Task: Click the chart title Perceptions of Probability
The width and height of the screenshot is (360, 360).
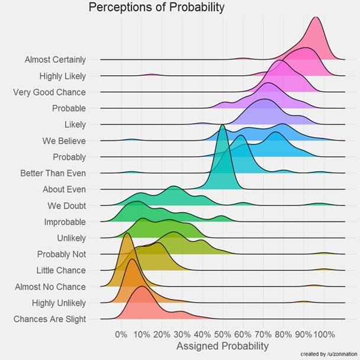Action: (x=156, y=8)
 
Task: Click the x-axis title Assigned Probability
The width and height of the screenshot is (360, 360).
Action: (x=223, y=346)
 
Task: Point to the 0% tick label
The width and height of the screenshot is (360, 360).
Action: (x=121, y=334)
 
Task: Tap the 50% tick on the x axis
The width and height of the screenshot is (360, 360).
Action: (x=223, y=334)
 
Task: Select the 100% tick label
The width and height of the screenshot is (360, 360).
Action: (x=324, y=334)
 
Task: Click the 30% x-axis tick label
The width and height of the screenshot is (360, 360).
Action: (x=182, y=334)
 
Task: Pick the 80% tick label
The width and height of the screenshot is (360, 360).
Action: (x=283, y=334)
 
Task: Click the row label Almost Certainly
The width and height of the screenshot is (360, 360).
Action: (x=55, y=60)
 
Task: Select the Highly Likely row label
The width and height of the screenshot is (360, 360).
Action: (x=62, y=76)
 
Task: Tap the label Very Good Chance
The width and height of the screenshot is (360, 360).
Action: (x=49, y=92)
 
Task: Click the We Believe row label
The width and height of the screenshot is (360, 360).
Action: (x=64, y=141)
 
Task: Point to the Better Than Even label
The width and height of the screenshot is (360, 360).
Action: (x=53, y=173)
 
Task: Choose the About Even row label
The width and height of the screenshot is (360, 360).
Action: (x=64, y=189)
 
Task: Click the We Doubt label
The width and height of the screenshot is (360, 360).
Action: (x=66, y=206)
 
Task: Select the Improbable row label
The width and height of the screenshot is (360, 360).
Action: (x=65, y=222)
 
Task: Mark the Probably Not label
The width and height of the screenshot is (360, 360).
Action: (x=61, y=254)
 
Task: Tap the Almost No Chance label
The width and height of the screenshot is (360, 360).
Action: (x=50, y=287)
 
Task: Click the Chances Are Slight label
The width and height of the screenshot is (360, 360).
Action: (x=49, y=319)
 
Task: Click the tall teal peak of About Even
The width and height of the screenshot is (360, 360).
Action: (x=223, y=127)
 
